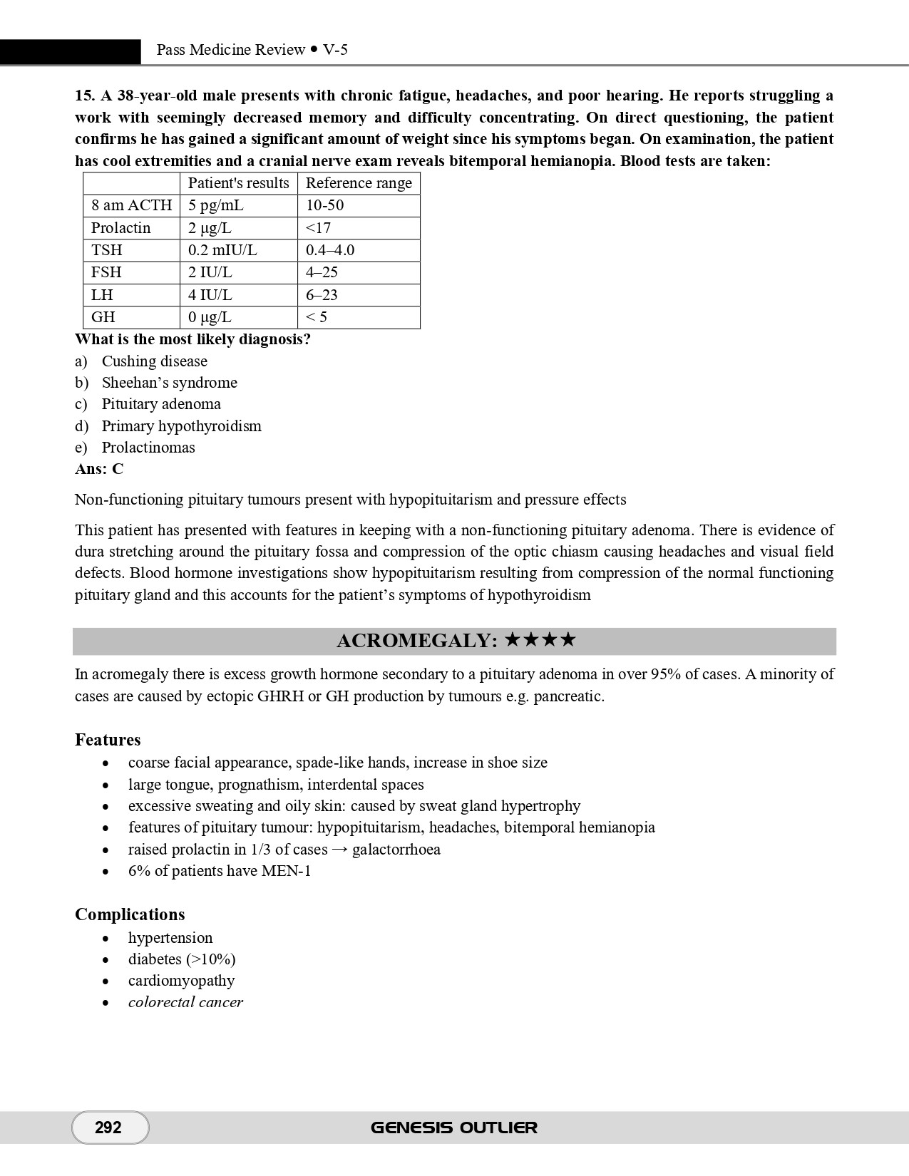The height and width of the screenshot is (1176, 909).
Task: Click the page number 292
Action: pos(108,1128)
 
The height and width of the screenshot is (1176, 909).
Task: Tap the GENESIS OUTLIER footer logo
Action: pos(454,1128)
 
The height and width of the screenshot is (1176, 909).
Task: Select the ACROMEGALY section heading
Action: pos(454,641)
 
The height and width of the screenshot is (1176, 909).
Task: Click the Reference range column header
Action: pos(359,183)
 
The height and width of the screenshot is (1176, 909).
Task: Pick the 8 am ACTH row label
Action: pos(131,205)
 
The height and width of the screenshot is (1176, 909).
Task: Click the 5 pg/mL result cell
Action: pos(215,205)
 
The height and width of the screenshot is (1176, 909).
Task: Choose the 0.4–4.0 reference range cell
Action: pos(330,250)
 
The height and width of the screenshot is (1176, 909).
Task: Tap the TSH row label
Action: pos(107,250)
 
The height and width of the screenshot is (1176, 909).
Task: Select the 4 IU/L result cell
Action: pos(210,295)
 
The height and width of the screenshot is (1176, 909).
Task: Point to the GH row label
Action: pos(103,317)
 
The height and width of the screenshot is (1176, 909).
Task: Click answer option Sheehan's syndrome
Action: pos(169,383)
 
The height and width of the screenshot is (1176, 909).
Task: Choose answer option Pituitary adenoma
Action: pos(161,404)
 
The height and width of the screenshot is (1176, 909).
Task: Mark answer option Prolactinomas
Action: pos(148,448)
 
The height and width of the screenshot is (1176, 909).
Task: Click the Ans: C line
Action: pos(99,469)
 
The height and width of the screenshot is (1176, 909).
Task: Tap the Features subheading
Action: pos(108,740)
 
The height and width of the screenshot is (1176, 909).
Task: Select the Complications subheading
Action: pos(130,914)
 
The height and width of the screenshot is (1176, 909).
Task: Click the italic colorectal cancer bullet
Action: pos(185,1002)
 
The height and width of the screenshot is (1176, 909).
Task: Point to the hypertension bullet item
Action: pos(170,938)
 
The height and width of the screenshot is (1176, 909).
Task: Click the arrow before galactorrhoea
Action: pos(339,850)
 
